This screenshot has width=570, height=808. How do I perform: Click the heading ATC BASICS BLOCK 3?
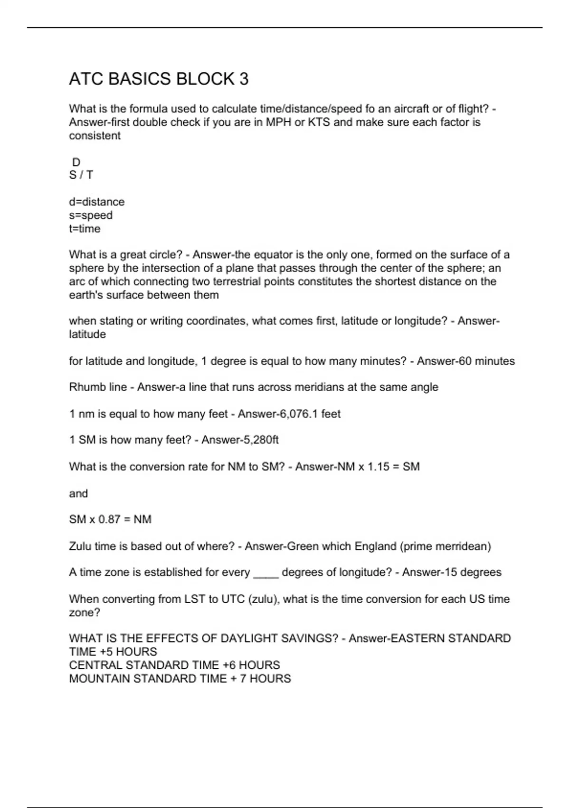tap(159, 79)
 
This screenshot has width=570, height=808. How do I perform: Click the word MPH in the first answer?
tap(278, 122)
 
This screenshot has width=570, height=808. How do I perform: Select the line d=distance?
tap(97, 202)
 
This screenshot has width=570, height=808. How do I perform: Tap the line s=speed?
tap(91, 215)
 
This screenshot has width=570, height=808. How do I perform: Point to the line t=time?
tap(85, 229)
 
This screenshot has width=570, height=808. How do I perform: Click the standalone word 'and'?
tap(78, 493)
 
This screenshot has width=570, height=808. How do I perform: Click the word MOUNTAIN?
tap(99, 678)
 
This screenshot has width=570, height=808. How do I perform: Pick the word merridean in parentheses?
tap(462, 547)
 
